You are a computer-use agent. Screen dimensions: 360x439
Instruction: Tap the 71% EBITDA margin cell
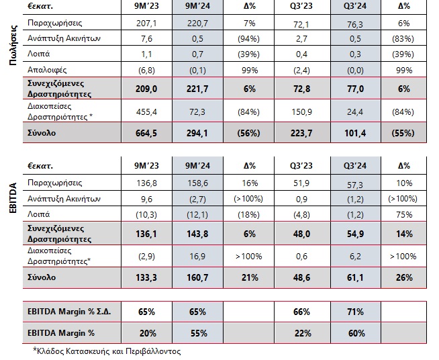point(355,312)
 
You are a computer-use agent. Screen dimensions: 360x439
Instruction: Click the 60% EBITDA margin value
point(355,332)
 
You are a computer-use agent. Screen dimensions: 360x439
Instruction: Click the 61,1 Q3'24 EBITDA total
point(355,277)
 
